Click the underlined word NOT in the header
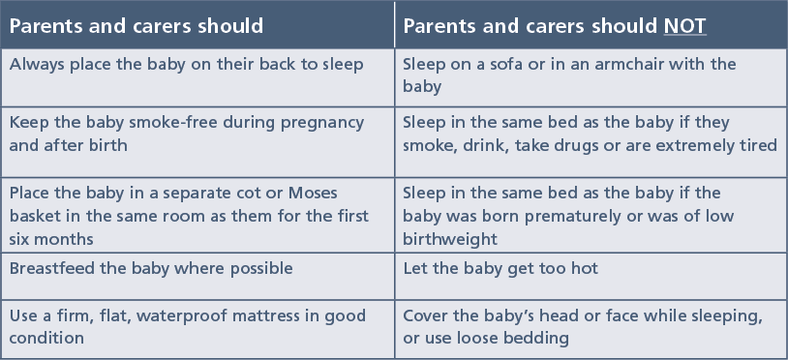point(685,26)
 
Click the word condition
point(46,338)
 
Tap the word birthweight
point(450,239)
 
